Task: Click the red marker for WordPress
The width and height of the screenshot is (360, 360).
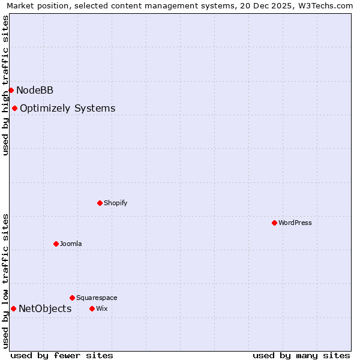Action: [x=274, y=223]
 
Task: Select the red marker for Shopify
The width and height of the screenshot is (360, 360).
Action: [x=100, y=203]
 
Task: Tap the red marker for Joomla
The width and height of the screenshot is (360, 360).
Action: [x=56, y=244]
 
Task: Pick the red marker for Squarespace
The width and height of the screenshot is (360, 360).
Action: [x=72, y=298]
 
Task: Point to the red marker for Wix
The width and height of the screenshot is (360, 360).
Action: [x=92, y=308]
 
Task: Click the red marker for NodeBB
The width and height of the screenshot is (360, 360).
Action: [x=11, y=90]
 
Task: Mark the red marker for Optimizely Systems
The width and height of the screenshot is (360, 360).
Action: [x=14, y=108]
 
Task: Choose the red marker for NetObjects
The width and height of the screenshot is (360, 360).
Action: [x=13, y=308]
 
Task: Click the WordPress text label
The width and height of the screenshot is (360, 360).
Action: [x=295, y=223]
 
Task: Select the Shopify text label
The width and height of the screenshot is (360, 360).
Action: [x=116, y=203]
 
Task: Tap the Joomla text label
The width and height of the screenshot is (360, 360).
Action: [x=71, y=244]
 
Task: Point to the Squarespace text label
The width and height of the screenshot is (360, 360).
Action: [x=97, y=298]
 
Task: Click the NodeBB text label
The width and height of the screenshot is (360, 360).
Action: [x=35, y=90]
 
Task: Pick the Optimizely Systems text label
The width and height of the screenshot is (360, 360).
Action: [x=68, y=108]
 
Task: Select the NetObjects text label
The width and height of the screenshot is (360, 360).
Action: [x=45, y=308]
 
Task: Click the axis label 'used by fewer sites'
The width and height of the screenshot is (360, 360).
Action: [x=62, y=355]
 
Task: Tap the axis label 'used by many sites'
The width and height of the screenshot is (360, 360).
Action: [x=301, y=355]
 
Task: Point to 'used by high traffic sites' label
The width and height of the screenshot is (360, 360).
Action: [x=5, y=85]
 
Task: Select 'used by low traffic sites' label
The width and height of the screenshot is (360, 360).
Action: [x=5, y=281]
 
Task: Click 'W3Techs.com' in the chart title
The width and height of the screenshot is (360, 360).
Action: [x=327, y=5]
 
